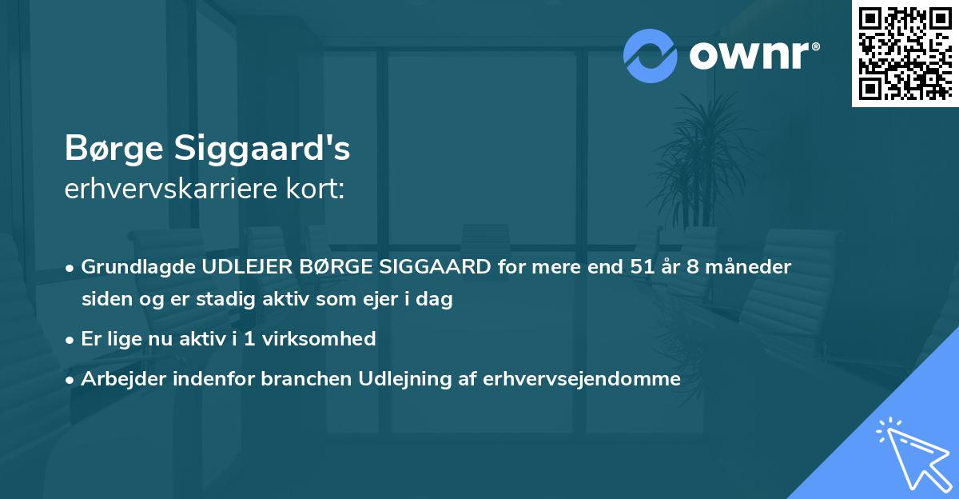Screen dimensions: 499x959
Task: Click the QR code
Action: pos(905,54)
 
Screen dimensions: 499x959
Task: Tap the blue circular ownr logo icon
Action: pos(651,56)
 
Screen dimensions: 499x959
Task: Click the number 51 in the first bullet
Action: pos(640,267)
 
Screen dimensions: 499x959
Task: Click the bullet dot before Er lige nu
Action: pos(70,339)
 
